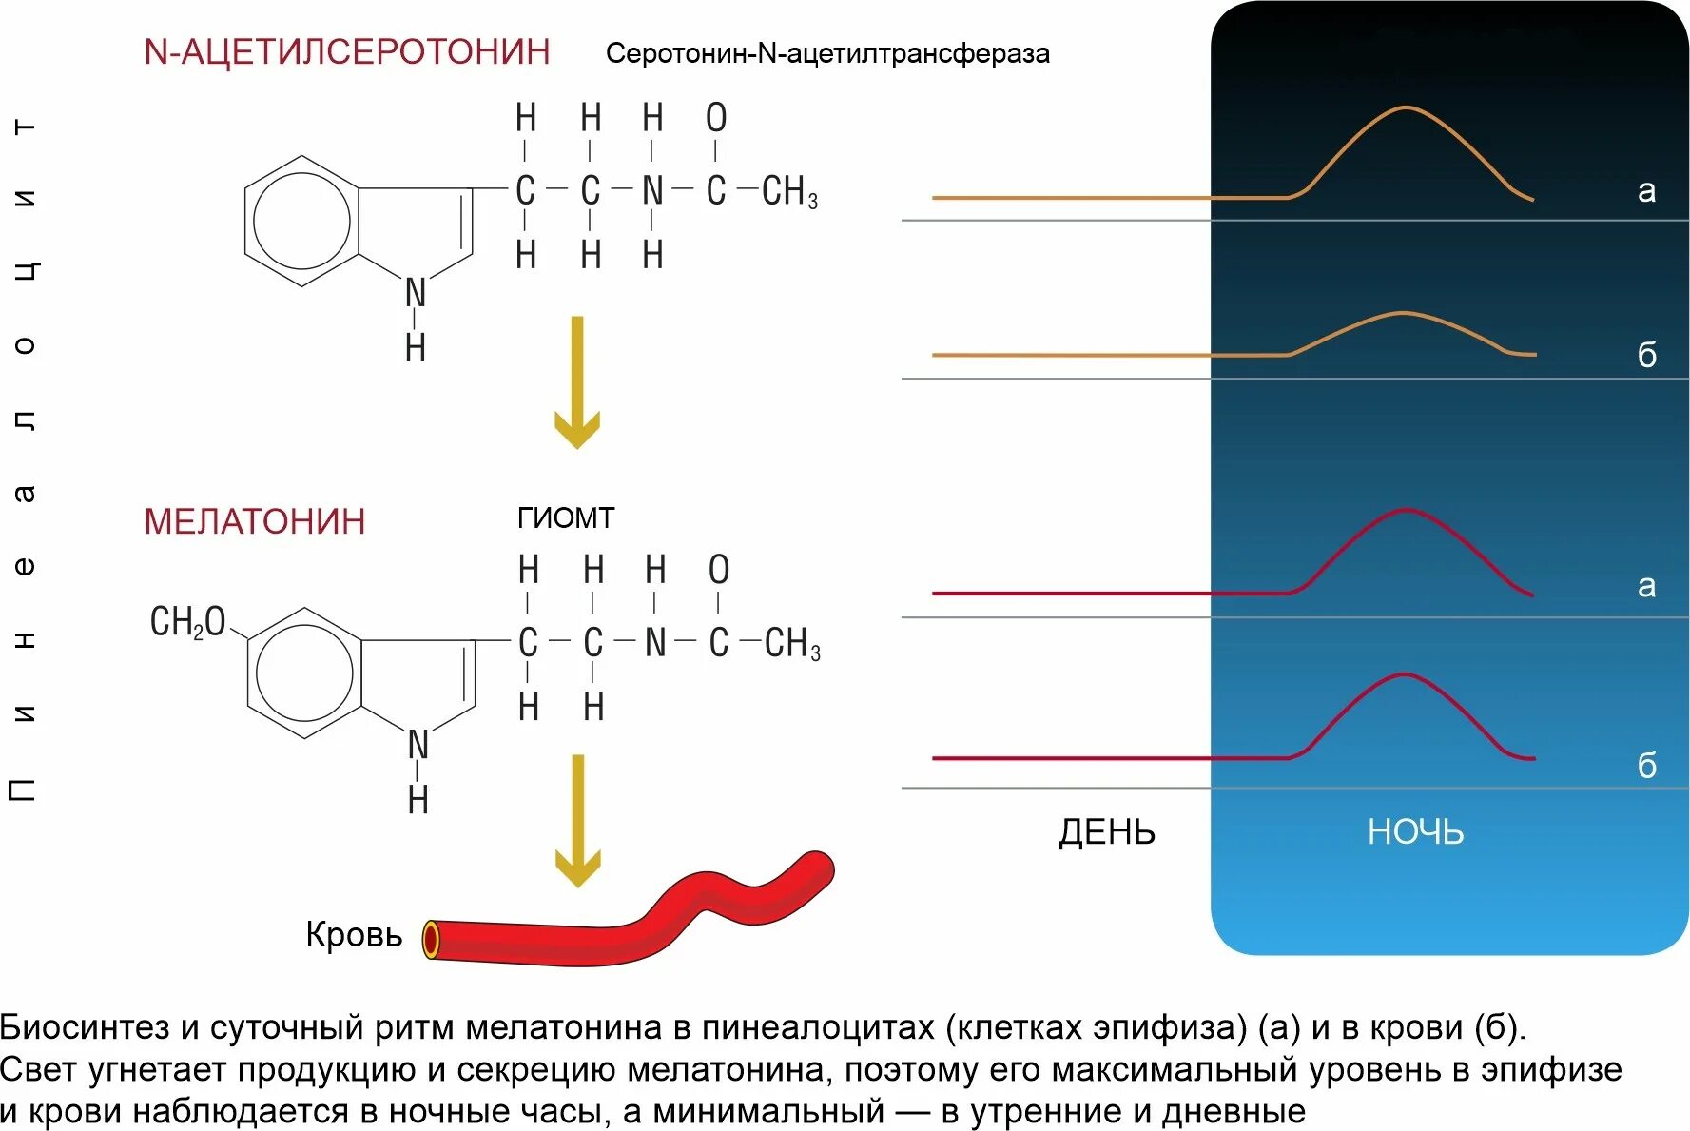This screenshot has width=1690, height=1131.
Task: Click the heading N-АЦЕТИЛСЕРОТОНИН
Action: pyautogui.click(x=346, y=51)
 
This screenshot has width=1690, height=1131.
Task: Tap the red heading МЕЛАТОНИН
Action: pyautogui.click(x=254, y=521)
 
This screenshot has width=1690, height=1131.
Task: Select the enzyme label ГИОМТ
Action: pyautogui.click(x=566, y=517)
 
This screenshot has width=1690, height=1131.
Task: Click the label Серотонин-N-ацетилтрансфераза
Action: pyautogui.click(x=827, y=53)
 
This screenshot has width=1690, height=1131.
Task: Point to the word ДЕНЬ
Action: pyautogui.click(x=1107, y=832)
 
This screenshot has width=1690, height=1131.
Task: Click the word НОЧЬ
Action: pyautogui.click(x=1415, y=832)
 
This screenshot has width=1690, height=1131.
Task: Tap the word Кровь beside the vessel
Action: pyautogui.click(x=354, y=934)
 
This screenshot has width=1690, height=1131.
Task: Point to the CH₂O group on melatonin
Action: pyautogui.click(x=187, y=622)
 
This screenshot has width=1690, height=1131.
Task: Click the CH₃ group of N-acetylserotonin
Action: pyautogui.click(x=789, y=191)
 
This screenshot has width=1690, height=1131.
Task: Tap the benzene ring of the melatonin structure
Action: pyautogui.click(x=304, y=673)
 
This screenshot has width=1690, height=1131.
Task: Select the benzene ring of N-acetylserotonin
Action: pyautogui.click(x=301, y=221)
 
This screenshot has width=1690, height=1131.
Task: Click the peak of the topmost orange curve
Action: pyautogui.click(x=1406, y=108)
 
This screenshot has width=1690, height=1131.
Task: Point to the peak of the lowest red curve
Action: pyautogui.click(x=1405, y=675)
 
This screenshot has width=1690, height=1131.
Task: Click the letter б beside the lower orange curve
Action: pyautogui.click(x=1646, y=355)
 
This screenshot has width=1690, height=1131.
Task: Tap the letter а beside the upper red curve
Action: pyautogui.click(x=1646, y=586)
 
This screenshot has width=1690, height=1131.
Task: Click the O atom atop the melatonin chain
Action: pyautogui.click(x=719, y=570)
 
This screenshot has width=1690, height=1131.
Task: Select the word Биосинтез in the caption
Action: pyautogui.click(x=86, y=1027)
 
